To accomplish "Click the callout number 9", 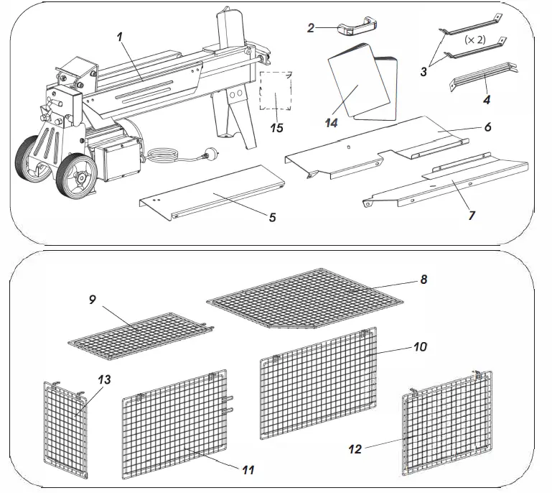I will pyautogui.click(x=93, y=300).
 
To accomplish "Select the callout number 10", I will pyautogui.click(x=420, y=346).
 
